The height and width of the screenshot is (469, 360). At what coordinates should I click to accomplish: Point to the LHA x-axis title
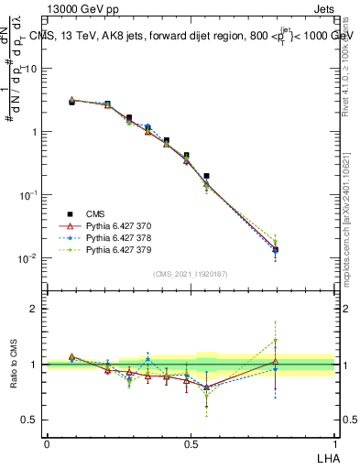click(x=326, y=455)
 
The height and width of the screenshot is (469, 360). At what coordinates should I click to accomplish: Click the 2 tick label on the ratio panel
click(x=34, y=309)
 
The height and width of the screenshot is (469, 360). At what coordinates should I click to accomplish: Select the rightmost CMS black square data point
click(x=276, y=249)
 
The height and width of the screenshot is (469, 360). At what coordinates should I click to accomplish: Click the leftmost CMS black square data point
click(x=71, y=102)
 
